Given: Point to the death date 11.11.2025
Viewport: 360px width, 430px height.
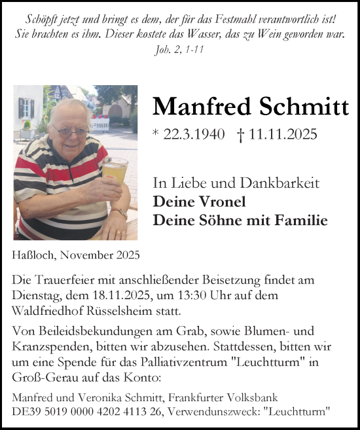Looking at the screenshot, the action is pyautogui.click(x=283, y=135).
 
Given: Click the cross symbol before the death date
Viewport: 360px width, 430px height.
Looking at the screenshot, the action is pyautogui.click(x=241, y=135).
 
